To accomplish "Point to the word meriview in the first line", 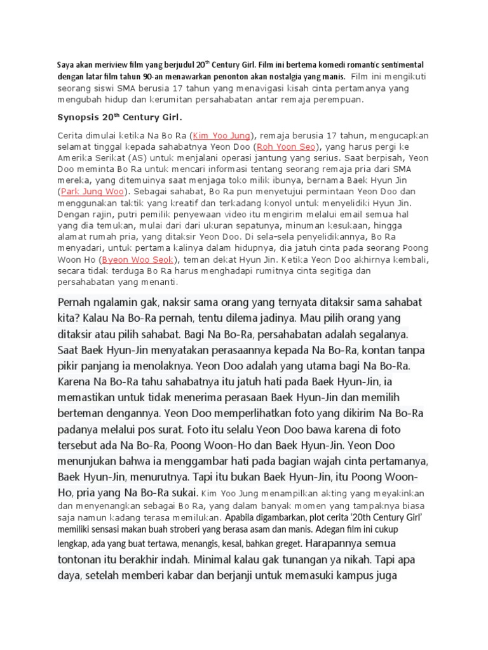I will click(x=108, y=65).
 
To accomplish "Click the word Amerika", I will click(x=77, y=158).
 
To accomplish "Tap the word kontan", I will click(x=382, y=350).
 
